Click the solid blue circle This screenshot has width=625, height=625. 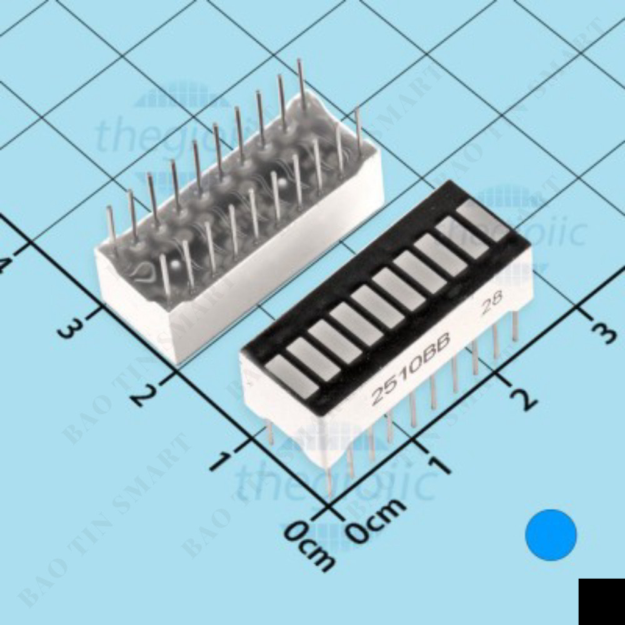pyautogui.click(x=551, y=534)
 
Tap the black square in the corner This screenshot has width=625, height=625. pyautogui.click(x=601, y=601)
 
